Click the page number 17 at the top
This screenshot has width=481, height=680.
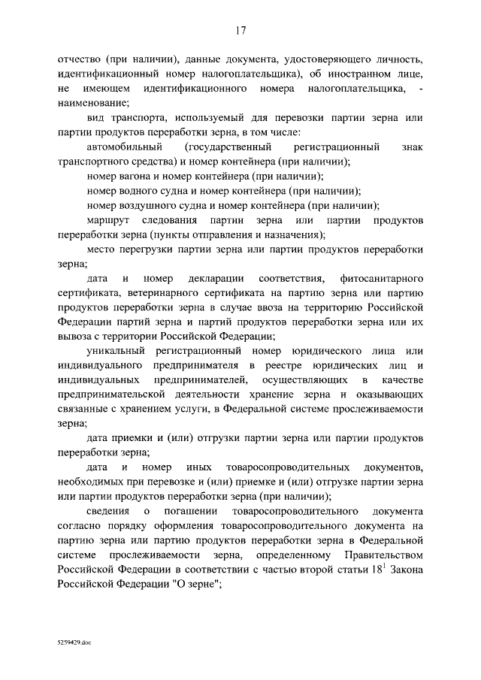pyautogui.click(x=240, y=31)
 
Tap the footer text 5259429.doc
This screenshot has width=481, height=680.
pyautogui.click(x=76, y=644)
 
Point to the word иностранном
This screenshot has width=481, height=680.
pyautogui.click(x=374, y=75)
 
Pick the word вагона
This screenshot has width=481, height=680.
pyautogui.click(x=138, y=176)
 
